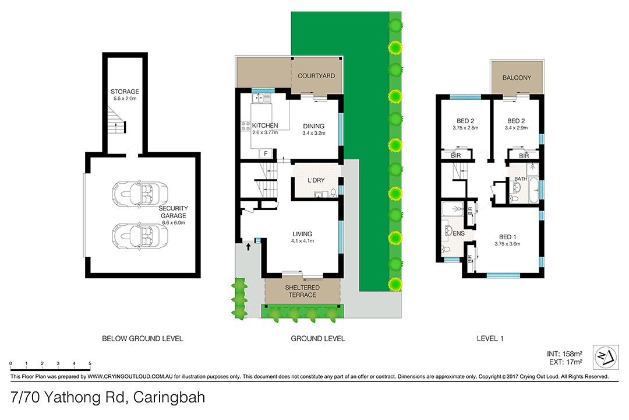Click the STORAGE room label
(x=125, y=92)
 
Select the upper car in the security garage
(x=140, y=193)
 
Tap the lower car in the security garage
(x=140, y=235)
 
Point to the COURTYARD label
(x=316, y=76)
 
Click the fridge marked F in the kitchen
(x=266, y=153)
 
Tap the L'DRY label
(x=316, y=180)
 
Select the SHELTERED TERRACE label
(x=301, y=291)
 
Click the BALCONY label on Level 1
(x=517, y=78)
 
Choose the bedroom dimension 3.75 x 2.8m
(x=464, y=128)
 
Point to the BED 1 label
(x=507, y=237)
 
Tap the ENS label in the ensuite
(x=459, y=233)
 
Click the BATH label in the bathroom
(x=520, y=179)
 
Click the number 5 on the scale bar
(x=90, y=363)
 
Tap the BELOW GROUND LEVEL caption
(x=142, y=338)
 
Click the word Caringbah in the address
(x=169, y=398)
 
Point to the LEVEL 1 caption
(x=489, y=338)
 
